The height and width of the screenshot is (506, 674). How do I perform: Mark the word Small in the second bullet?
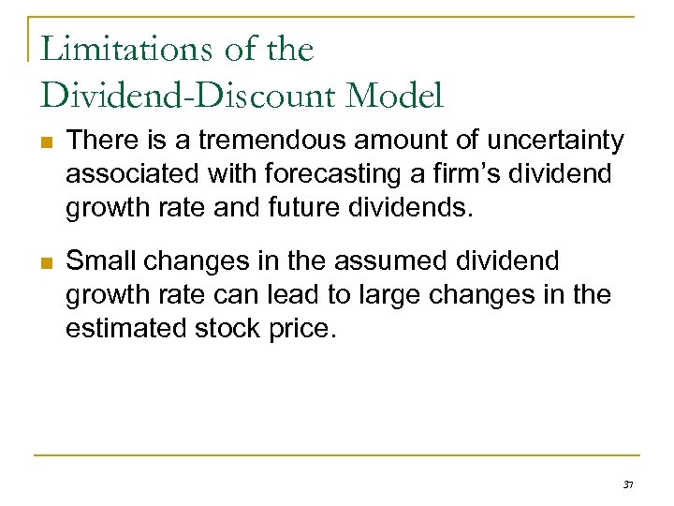pyautogui.click(x=100, y=260)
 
